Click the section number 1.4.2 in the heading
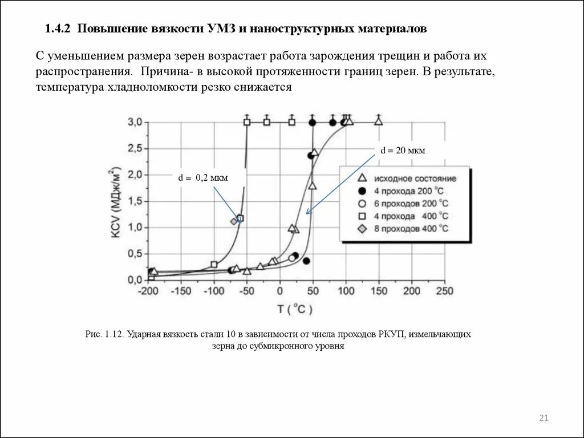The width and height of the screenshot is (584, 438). pos(57,28)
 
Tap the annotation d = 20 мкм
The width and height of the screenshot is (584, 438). pos(403,150)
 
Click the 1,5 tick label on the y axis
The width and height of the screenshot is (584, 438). pos(135,201)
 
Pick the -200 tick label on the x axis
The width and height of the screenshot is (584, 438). pos(149,291)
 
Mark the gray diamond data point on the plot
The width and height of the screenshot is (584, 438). pos(234,221)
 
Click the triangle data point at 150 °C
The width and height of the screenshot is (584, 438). pos(378,121)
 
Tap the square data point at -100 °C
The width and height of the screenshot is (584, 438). pos(214,265)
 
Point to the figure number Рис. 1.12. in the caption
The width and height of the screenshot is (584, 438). pos(104,334)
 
